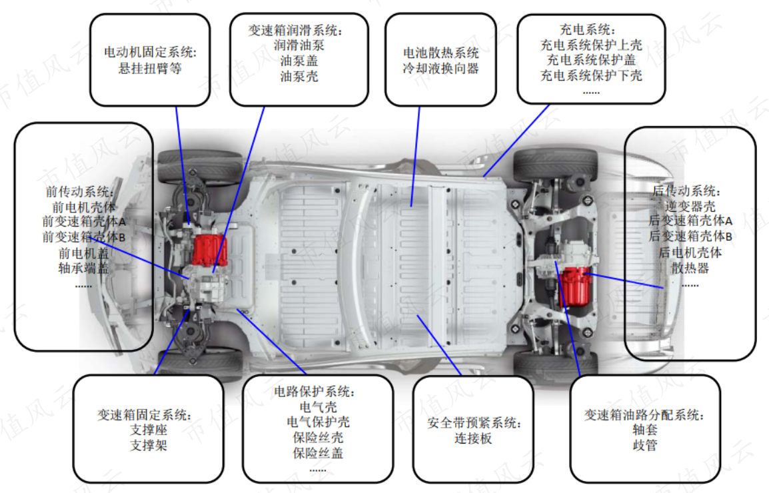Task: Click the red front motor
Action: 209,250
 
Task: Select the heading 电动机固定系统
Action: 150,52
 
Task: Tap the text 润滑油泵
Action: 299,45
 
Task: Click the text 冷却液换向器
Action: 440,68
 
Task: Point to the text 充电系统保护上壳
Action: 591,45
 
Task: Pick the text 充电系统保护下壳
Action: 591,75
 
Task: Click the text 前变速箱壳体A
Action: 84,222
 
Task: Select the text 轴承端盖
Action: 83,268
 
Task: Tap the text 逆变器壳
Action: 690,207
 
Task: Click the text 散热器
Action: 690,268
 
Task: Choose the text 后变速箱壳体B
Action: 690,237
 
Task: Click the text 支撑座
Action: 149,430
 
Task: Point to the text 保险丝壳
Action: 318,438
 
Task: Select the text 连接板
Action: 472,438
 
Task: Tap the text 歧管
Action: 645,446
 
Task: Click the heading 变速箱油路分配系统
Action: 644,415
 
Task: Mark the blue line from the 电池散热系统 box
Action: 415,157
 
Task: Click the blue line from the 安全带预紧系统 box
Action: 439,345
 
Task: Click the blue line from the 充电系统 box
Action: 516,141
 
